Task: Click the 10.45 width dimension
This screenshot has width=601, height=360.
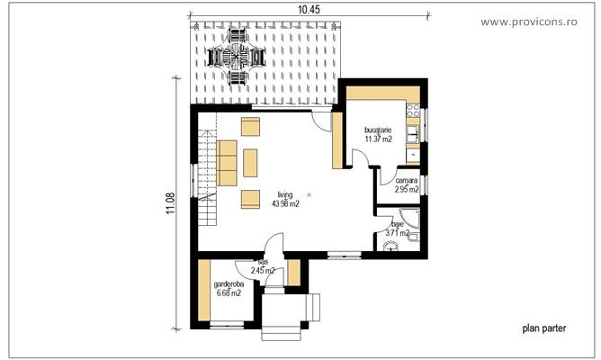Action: pos(309,8)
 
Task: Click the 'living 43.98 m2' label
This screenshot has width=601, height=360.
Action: pos(285,200)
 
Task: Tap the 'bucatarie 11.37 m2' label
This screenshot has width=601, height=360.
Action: pos(378,136)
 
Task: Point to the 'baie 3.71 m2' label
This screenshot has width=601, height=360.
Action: pos(397,229)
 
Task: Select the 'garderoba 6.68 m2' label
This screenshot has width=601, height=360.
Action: pos(227,289)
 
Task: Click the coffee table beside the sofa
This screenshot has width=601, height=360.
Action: pos(250,161)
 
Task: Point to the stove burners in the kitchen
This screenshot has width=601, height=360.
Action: pos(414,114)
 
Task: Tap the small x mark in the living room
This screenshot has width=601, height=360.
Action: pos(309,194)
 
